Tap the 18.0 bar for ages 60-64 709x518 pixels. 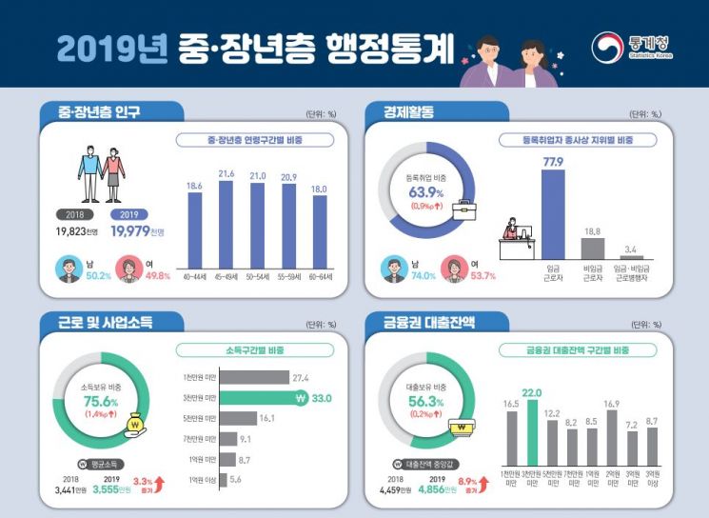point(319,231)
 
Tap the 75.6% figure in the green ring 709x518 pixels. point(101,402)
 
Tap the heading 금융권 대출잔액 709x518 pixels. point(420,322)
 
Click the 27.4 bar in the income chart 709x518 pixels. point(232,377)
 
